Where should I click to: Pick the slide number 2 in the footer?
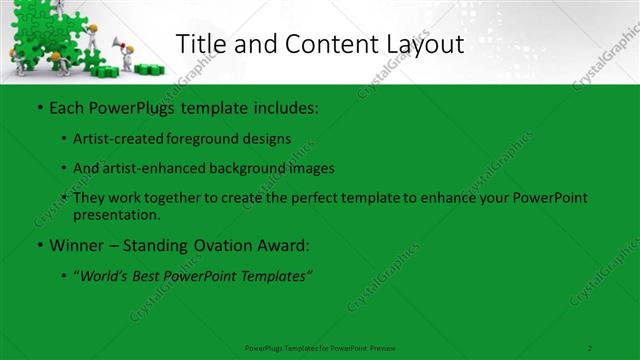coord(590,347)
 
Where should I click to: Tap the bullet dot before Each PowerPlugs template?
coord(38,107)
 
